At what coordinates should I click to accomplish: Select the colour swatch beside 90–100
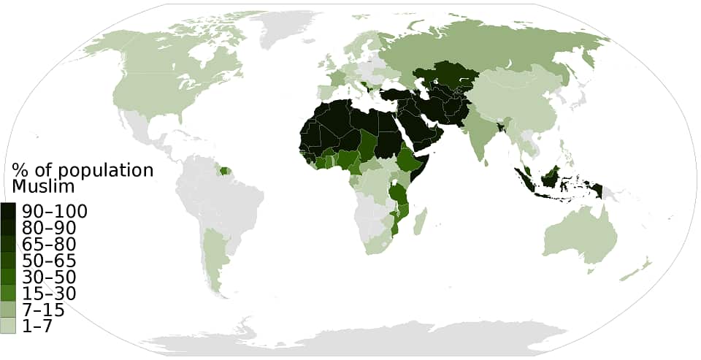point(9,212)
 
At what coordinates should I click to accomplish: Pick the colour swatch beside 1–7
point(9,326)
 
